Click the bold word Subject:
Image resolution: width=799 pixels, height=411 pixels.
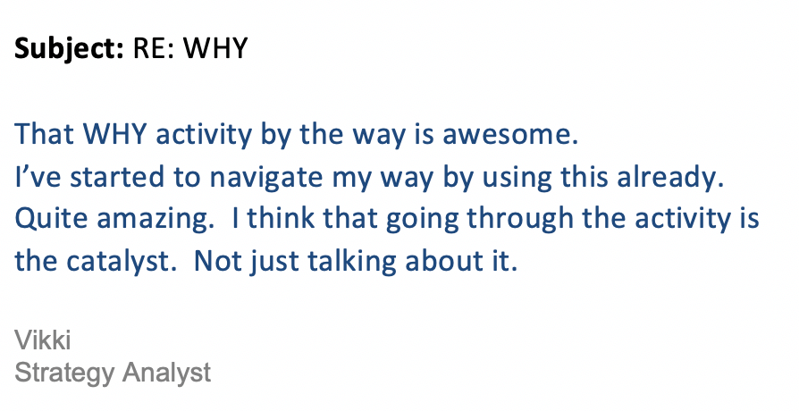69,49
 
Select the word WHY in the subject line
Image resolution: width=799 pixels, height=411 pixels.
215,48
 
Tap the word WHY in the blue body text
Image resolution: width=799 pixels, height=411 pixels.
115,134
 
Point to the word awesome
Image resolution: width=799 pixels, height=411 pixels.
510,135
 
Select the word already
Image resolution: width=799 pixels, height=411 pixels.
670,178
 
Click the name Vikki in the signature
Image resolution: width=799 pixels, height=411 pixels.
42,340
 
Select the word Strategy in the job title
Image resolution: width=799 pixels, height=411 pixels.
64,373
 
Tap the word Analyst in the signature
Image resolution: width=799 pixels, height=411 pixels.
166,373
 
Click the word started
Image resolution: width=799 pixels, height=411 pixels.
118,177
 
